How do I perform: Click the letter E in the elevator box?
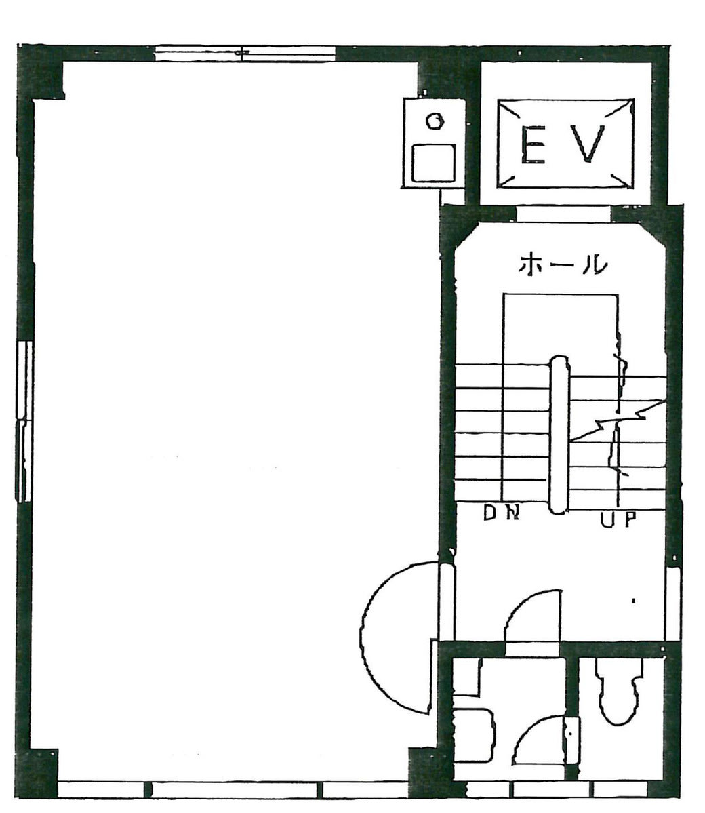tap(533, 144)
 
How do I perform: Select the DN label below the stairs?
tap(501, 513)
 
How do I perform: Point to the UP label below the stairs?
tap(618, 519)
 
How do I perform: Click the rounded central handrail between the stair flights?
tap(559, 435)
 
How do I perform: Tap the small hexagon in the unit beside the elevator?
tap(435, 120)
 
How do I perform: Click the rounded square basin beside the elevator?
tap(433, 163)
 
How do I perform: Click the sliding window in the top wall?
tap(245, 54)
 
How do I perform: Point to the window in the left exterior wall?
tap(24, 421)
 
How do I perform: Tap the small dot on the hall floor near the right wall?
tap(633, 601)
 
